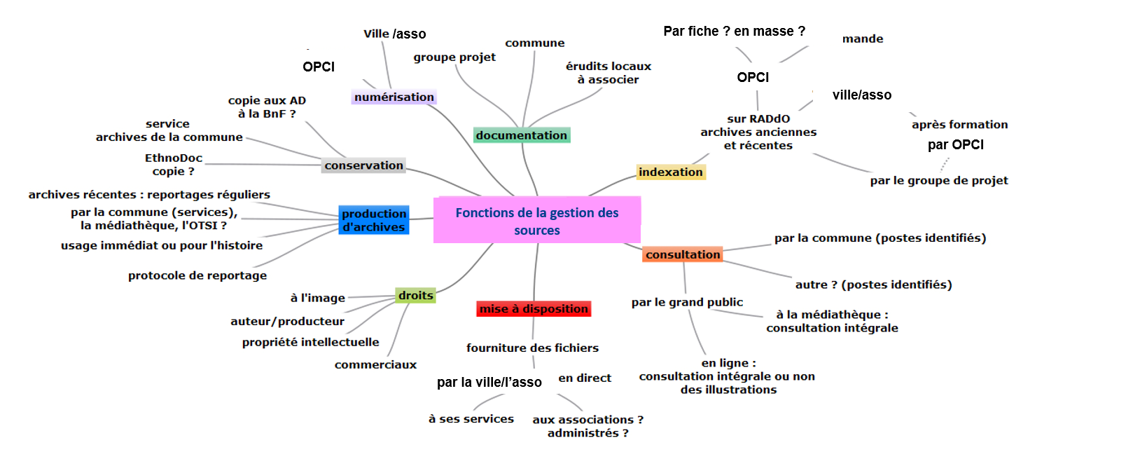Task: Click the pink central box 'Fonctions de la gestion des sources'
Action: [537, 221]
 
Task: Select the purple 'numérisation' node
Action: [394, 97]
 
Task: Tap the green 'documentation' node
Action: [522, 135]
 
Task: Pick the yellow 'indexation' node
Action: [670, 172]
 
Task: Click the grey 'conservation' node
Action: [363, 165]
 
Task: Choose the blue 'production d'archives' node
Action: [374, 220]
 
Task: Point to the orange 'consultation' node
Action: [683, 254]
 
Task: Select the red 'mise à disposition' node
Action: [534, 308]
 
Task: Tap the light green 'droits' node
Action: [416, 295]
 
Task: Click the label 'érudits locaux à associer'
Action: [608, 73]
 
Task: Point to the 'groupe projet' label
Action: [454, 57]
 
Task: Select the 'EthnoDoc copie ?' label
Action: [174, 165]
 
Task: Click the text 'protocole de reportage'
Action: [197, 275]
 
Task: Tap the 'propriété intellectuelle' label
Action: [310, 342]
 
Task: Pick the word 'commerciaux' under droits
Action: [375, 364]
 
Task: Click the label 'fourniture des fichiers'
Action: [532, 348]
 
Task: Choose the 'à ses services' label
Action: [471, 418]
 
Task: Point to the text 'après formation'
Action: [959, 125]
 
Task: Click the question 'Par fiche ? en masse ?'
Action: [734, 31]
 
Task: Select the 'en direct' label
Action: [585, 378]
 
